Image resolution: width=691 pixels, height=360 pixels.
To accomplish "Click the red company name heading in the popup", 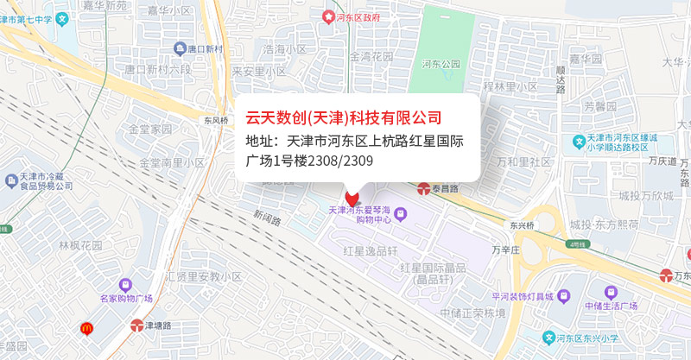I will click(x=344, y=117).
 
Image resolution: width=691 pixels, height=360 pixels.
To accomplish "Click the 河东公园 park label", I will click(x=441, y=63).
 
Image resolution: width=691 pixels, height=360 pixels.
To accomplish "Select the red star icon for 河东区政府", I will click(x=327, y=16).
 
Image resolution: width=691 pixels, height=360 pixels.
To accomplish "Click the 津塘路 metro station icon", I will click(x=136, y=325).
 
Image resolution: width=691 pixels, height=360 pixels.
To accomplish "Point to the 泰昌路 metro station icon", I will click(x=424, y=187).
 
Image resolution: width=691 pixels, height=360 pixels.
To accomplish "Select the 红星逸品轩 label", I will click(x=370, y=250).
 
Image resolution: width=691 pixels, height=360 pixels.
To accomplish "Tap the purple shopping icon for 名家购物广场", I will click(x=126, y=283).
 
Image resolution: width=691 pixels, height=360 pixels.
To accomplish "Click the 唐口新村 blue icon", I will click(x=180, y=48).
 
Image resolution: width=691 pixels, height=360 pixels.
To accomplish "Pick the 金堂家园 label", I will click(x=150, y=129).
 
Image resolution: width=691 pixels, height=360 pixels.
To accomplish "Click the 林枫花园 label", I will click(x=80, y=245).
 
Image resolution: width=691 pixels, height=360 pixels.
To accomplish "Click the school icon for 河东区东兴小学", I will click(x=548, y=337).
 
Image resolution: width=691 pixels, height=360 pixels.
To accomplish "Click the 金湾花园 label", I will click(x=371, y=56).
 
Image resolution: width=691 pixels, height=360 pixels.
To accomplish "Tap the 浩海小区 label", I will click(x=285, y=49).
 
